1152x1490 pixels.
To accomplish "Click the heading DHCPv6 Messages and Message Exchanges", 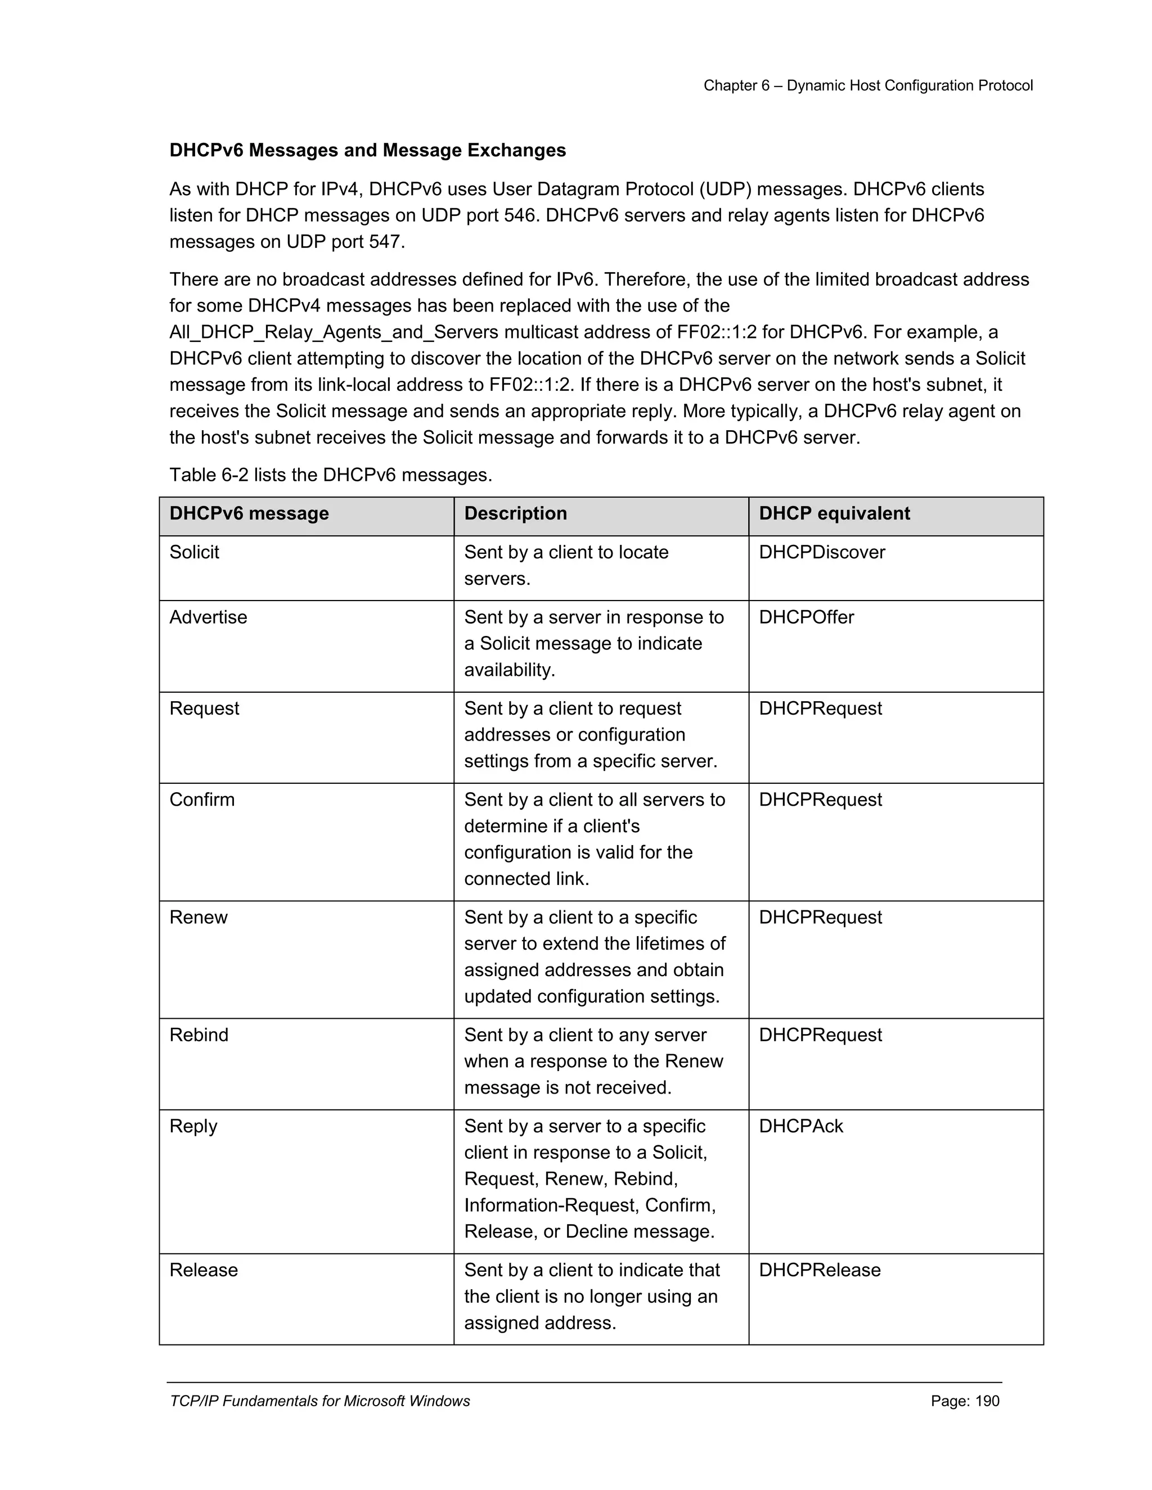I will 367,150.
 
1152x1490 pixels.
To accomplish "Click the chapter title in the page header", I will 867,85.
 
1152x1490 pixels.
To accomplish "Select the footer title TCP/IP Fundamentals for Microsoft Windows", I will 319,1401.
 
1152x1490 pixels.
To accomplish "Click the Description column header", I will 515,514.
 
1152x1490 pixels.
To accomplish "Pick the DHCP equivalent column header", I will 834,514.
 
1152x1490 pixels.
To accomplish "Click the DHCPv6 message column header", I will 249,514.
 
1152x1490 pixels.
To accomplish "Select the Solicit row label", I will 194,552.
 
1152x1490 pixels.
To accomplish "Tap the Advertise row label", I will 208,617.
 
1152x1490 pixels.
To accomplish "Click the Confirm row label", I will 201,800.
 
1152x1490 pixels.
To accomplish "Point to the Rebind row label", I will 199,1035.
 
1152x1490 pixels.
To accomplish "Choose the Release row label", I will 204,1270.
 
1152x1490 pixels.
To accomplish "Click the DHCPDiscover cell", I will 821,552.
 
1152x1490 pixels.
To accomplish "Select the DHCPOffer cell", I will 806,617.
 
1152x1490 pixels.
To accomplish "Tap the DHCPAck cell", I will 800,1126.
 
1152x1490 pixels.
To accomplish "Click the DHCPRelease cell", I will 819,1270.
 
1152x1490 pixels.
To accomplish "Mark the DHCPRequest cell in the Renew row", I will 820,918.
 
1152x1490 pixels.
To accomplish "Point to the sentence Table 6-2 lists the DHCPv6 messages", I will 330,475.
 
